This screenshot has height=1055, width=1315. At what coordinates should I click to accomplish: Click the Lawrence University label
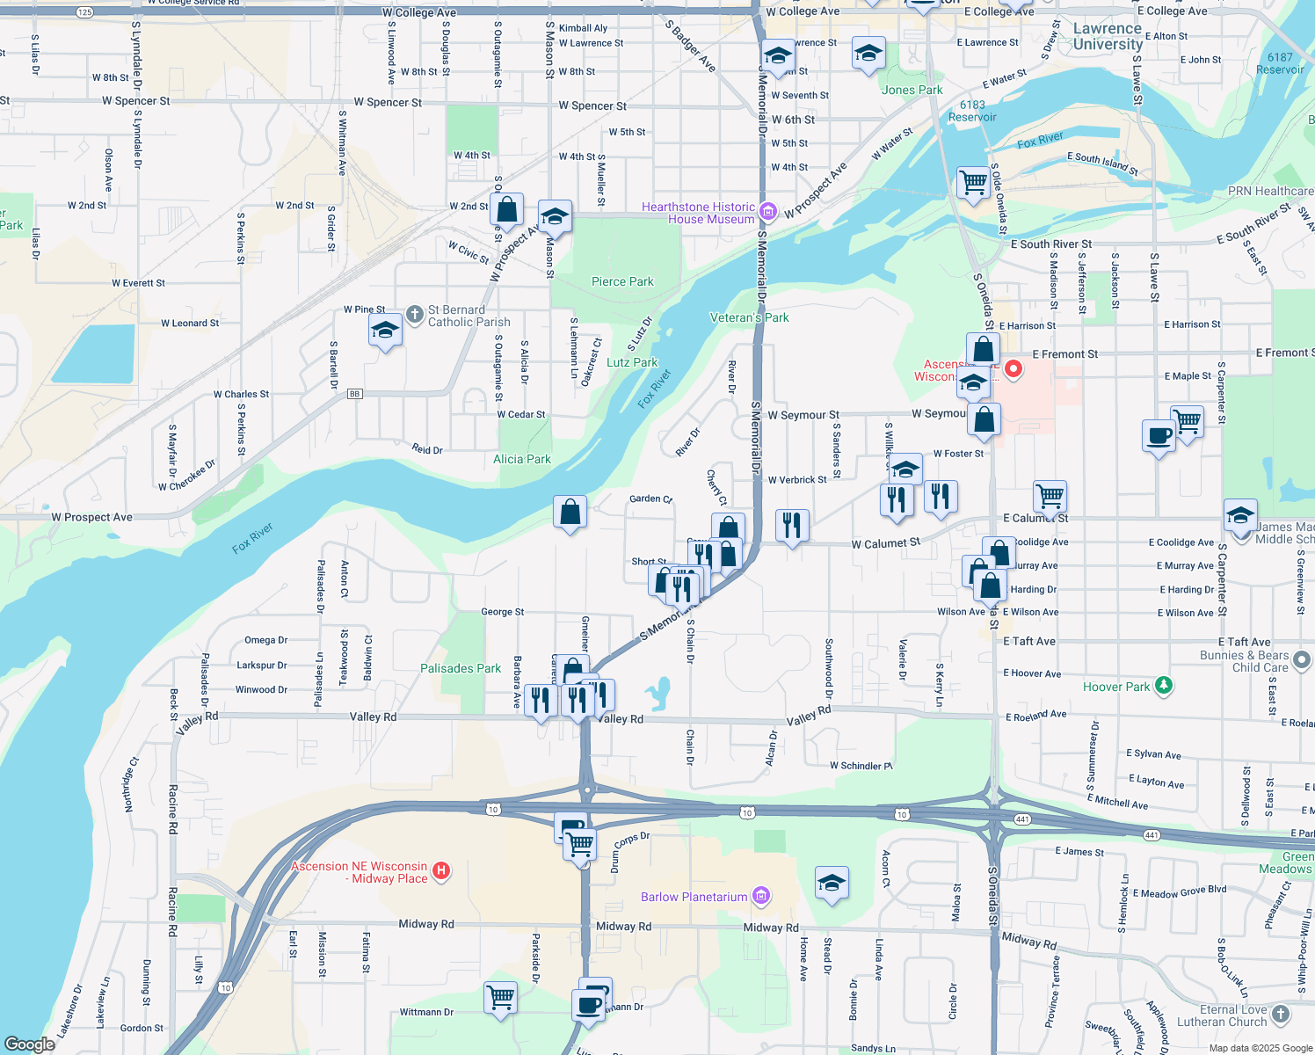[1107, 36]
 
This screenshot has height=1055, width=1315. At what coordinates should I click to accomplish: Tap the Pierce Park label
[622, 281]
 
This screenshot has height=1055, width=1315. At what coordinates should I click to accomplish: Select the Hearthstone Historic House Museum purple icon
[767, 211]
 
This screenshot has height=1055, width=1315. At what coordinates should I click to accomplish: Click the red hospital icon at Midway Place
[442, 871]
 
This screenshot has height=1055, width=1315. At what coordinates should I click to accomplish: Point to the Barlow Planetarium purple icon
[761, 896]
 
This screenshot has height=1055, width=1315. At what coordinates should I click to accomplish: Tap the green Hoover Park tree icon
[1163, 685]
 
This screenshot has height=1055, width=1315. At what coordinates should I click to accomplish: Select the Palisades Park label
[460, 668]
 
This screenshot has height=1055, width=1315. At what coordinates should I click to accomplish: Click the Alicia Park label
[522, 459]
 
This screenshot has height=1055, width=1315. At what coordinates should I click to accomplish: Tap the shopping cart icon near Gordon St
[500, 997]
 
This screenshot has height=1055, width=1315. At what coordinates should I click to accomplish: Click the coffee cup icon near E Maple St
[1159, 434]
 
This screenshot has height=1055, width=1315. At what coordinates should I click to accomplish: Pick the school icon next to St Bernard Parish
[385, 330]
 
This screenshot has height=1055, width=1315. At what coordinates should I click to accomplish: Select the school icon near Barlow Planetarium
[831, 883]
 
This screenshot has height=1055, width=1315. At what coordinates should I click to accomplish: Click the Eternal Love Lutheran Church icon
[1281, 1014]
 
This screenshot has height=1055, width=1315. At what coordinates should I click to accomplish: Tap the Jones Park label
[912, 90]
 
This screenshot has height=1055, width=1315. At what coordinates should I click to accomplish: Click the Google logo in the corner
[29, 1044]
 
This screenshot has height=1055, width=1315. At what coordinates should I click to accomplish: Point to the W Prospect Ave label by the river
[91, 517]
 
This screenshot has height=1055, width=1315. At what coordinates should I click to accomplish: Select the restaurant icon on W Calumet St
[792, 525]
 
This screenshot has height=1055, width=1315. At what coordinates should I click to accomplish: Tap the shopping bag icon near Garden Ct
[570, 511]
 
